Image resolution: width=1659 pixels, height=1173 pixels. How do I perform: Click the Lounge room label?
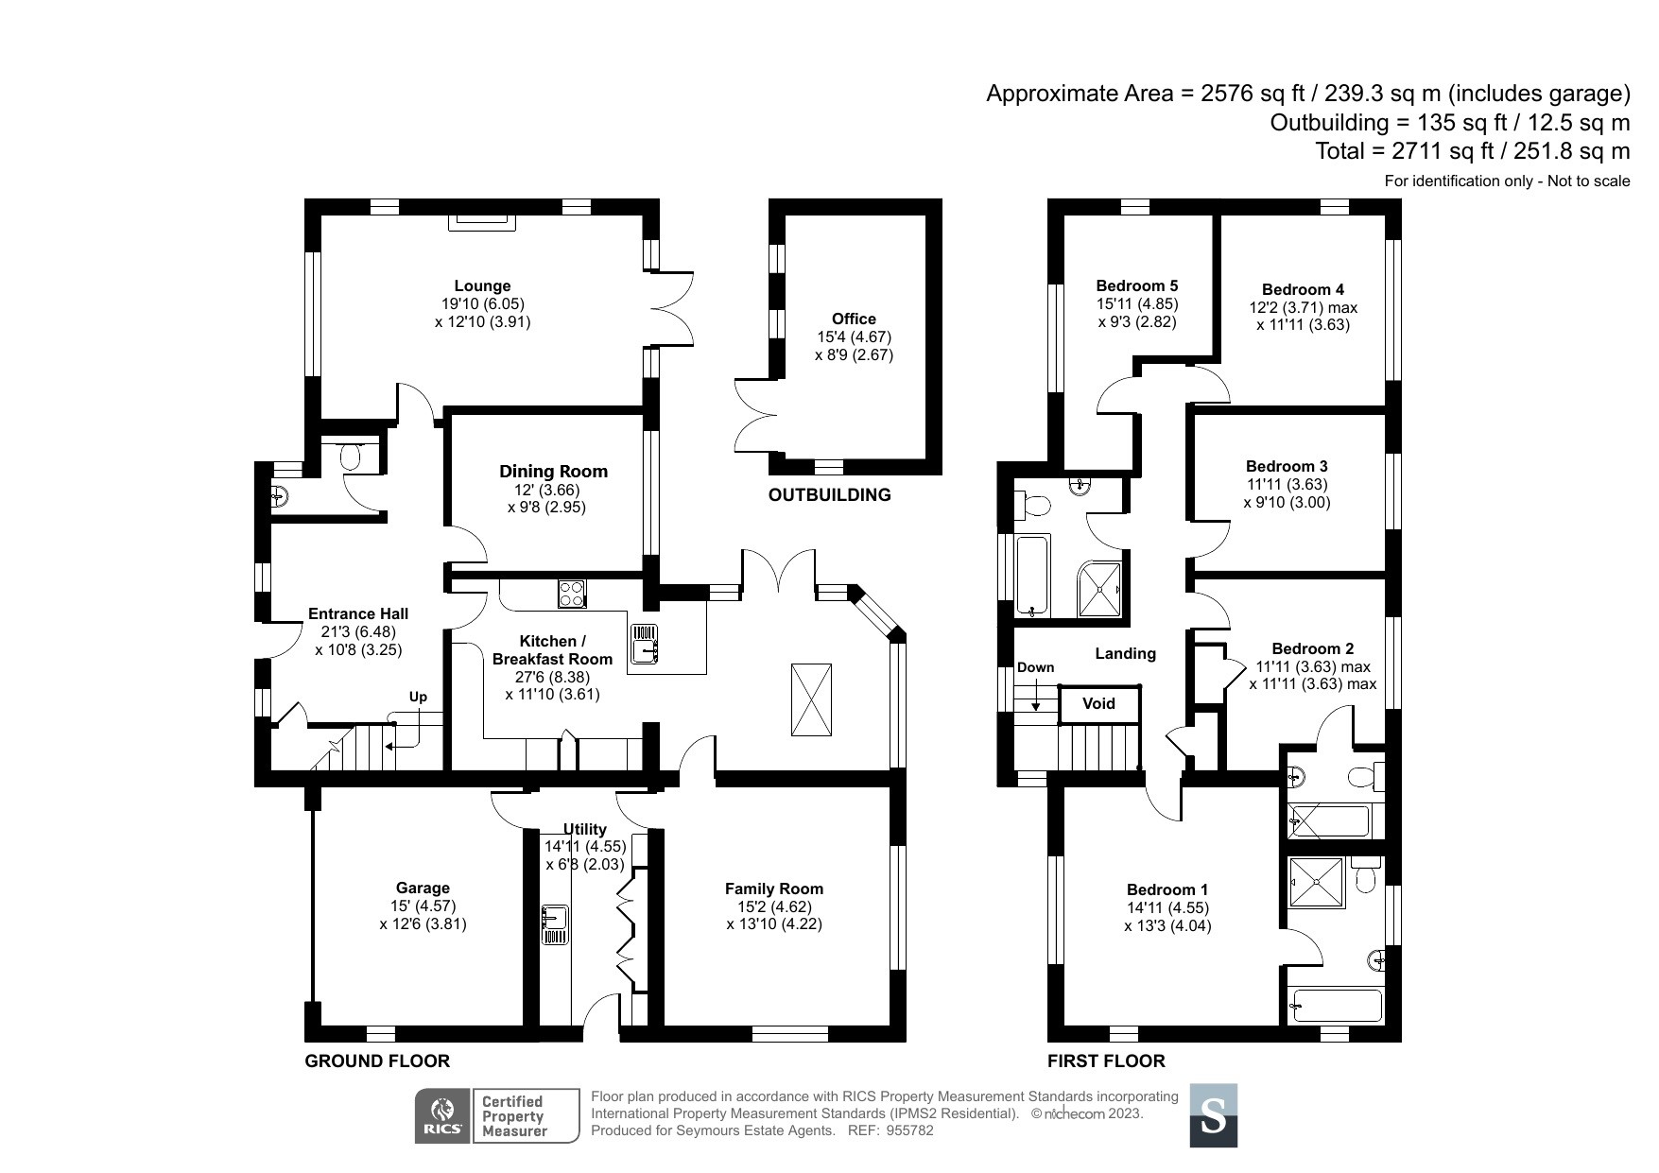pyautogui.click(x=482, y=285)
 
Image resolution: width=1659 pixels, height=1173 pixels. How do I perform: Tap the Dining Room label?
pyautogui.click(x=553, y=471)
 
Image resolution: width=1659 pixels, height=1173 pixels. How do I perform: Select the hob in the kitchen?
pyautogui.click(x=572, y=593)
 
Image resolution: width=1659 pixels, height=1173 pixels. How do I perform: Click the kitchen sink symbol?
pyautogui.click(x=646, y=645)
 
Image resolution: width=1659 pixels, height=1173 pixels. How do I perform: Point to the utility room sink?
pyautogui.click(x=555, y=924)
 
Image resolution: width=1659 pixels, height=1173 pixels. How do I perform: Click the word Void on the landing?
pyautogui.click(x=1098, y=703)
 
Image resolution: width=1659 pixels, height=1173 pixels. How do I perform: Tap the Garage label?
pyautogui.click(x=423, y=888)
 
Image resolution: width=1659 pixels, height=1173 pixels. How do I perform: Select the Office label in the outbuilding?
pyautogui.click(x=854, y=319)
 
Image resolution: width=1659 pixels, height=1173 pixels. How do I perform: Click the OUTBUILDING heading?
pyautogui.click(x=829, y=494)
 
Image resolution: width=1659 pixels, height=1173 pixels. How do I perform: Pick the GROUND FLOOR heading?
pyautogui.click(x=377, y=1061)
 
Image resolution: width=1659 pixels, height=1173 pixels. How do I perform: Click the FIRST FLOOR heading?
pyautogui.click(x=1106, y=1061)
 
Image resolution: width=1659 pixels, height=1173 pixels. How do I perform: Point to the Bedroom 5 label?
pyautogui.click(x=1137, y=285)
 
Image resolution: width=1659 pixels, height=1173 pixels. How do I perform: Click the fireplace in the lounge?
pyautogui.click(x=482, y=220)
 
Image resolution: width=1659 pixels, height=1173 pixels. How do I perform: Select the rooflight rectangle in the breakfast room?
pyautogui.click(x=811, y=699)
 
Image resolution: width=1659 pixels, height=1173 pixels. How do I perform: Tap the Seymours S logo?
pyautogui.click(x=1213, y=1115)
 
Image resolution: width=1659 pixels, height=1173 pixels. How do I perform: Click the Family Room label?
pyautogui.click(x=774, y=888)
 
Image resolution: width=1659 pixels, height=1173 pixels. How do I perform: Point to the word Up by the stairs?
pyautogui.click(x=418, y=697)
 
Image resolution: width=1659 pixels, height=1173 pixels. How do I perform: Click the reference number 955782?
pyautogui.click(x=911, y=1130)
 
